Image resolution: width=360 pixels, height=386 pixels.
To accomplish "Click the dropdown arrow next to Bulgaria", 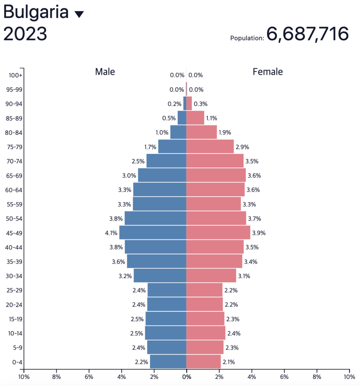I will click(x=79, y=14).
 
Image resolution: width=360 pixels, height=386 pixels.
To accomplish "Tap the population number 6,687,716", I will click(x=308, y=34).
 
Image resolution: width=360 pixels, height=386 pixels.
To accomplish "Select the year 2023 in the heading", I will click(x=25, y=34).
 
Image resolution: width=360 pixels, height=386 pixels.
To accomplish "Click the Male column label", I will click(x=105, y=72).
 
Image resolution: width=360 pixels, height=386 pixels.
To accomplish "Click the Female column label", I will click(x=268, y=72).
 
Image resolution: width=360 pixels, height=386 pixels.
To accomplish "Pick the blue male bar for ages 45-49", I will click(x=153, y=233).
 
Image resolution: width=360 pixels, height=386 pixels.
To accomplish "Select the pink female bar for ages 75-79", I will click(x=210, y=147).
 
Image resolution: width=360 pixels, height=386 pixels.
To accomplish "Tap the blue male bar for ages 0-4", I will click(x=168, y=362).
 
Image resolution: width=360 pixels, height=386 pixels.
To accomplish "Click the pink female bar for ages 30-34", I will click(x=211, y=276).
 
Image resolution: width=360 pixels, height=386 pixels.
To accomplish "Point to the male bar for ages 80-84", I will click(x=178, y=132).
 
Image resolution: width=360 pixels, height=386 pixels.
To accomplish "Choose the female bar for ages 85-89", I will click(x=195, y=118).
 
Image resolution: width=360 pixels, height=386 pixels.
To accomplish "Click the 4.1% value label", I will click(x=111, y=233).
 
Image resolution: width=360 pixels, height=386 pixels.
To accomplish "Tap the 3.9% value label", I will click(x=259, y=233).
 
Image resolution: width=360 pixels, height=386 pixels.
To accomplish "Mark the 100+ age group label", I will click(x=15, y=75).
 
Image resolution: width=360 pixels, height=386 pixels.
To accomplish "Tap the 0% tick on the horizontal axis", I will click(x=186, y=376).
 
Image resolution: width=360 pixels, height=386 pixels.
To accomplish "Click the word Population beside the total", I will click(x=247, y=38).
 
